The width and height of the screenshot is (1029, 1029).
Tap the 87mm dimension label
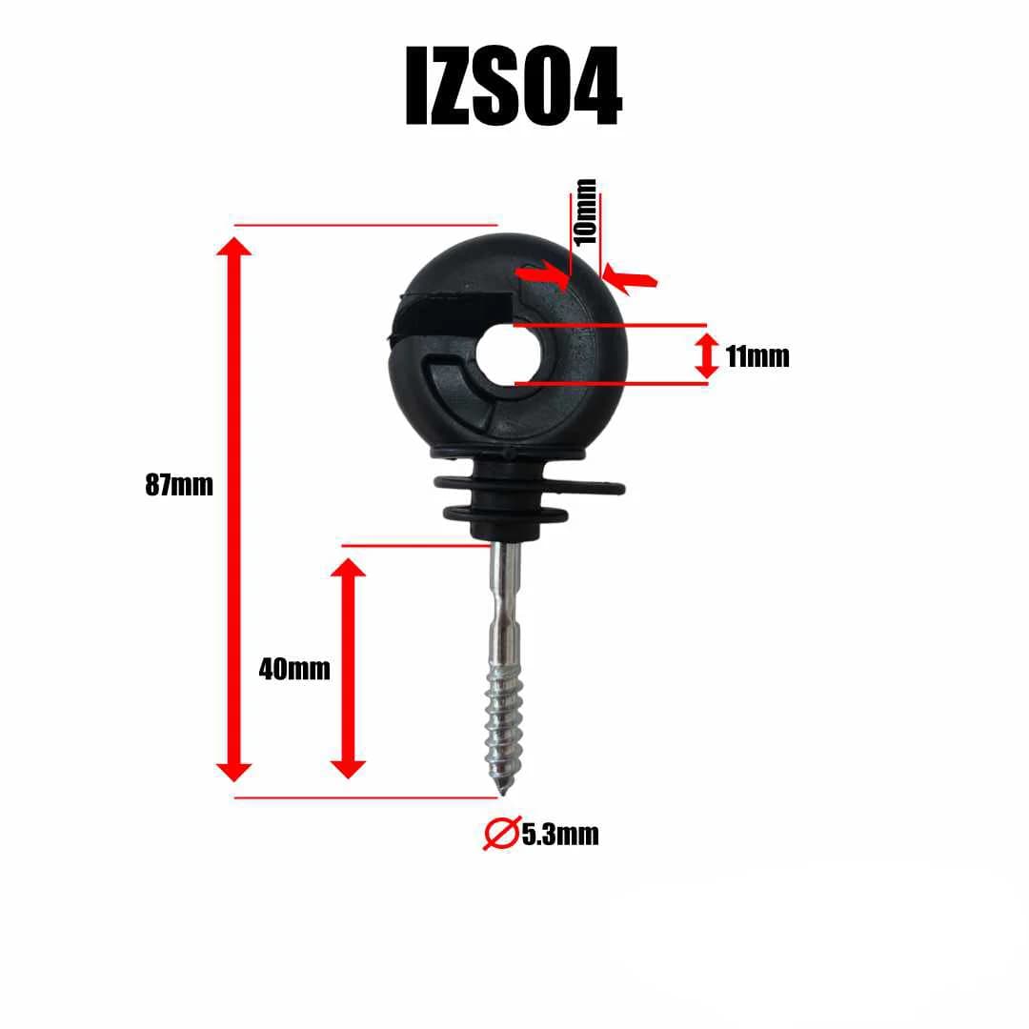[x=179, y=485]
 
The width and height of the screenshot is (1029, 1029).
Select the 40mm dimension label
[x=294, y=669]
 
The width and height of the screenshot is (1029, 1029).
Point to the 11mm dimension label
[x=757, y=357]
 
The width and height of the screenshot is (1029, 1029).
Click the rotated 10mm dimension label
[x=585, y=212]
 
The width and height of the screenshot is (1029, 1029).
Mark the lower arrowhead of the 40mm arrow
[x=348, y=767]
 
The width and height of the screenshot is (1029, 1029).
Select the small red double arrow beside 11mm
[x=706, y=355]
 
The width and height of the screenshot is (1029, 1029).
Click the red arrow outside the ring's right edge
[x=631, y=279]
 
